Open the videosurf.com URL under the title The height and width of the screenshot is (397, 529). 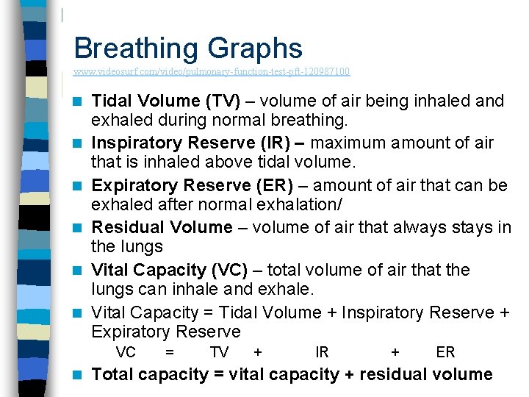[x=212, y=72]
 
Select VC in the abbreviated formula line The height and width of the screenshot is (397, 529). [x=126, y=352]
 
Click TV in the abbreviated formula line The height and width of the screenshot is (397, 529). [x=219, y=352]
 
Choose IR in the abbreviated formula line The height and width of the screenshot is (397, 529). [x=322, y=352]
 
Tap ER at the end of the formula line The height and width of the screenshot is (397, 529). [x=445, y=352]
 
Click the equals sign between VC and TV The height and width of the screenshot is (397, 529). [x=170, y=352]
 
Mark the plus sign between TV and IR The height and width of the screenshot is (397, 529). [x=258, y=352]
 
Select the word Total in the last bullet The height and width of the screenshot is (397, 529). [x=113, y=375]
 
